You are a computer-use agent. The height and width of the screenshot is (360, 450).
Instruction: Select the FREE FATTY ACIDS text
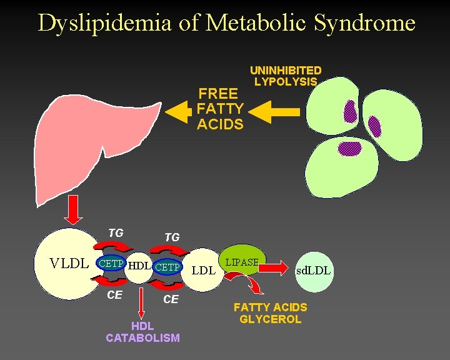[x=220, y=109]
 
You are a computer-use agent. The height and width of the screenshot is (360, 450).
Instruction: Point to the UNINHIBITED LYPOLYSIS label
[x=286, y=76]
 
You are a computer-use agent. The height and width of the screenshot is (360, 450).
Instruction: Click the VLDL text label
[x=69, y=264]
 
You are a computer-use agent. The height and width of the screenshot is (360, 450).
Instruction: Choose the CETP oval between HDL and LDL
[x=167, y=267]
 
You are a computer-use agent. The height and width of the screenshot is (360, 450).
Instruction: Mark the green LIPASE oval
[x=242, y=262]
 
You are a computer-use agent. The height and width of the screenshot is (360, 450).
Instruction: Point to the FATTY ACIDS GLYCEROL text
[x=270, y=313]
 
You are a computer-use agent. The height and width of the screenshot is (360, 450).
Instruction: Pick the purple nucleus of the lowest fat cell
[x=350, y=148]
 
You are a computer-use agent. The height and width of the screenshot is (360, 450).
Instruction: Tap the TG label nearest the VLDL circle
[x=115, y=233]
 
